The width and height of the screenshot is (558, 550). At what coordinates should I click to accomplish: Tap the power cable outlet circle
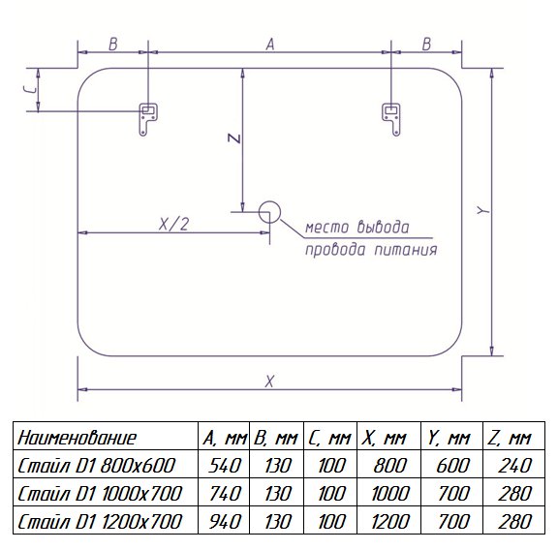point(269,212)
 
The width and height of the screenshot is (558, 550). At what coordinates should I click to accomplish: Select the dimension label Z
point(234,138)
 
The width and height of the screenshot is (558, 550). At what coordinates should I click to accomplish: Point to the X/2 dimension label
point(173,224)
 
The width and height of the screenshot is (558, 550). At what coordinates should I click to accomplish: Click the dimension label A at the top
point(270,45)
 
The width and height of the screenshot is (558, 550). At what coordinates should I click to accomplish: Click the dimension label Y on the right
point(482,211)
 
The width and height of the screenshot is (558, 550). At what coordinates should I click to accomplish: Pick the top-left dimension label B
point(112,45)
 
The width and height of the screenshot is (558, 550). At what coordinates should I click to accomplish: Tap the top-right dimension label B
point(426,45)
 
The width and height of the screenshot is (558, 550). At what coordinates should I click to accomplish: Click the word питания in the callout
point(406,250)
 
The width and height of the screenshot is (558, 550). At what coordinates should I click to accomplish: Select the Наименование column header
point(77,438)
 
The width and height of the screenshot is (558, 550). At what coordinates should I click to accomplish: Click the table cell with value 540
point(224,466)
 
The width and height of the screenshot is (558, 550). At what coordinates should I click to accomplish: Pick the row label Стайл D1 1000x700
point(100,494)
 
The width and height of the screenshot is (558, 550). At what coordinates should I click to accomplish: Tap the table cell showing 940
point(224,522)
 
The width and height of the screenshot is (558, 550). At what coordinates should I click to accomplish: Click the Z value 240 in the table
point(514,466)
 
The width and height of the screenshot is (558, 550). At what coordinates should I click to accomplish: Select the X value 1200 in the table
point(390,522)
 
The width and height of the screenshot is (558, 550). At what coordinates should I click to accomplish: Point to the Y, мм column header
point(449,438)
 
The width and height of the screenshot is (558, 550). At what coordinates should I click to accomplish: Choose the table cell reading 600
point(453,466)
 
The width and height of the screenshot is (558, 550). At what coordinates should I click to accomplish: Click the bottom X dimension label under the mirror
point(269,382)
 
